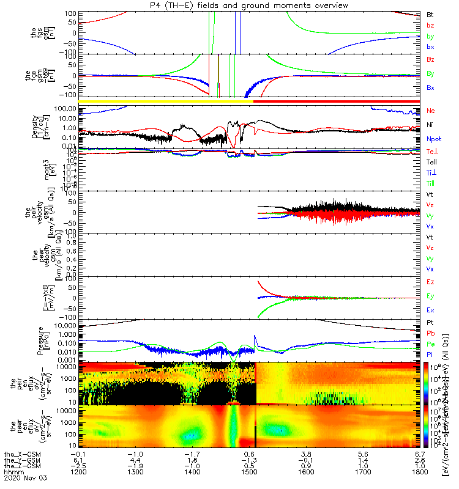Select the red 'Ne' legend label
431,111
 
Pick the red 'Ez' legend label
430,282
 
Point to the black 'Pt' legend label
430,322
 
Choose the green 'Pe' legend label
431,344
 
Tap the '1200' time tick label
78,473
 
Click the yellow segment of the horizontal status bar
165,101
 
